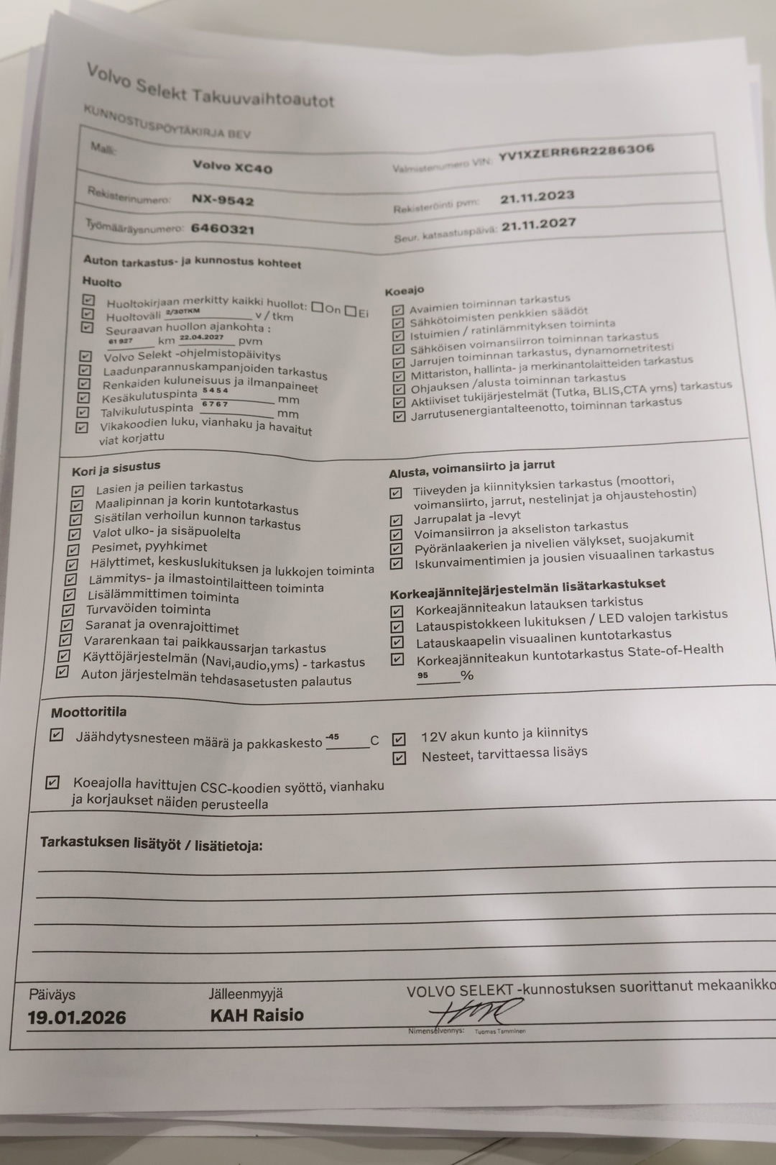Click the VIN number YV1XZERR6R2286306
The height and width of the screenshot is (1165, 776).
(576, 152)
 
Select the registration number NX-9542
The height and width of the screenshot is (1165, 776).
(222, 201)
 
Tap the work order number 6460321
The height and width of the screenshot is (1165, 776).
(222, 229)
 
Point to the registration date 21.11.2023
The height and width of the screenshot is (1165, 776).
(537, 197)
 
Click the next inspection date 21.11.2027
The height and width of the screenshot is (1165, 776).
(538, 224)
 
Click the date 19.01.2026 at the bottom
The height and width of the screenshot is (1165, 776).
(77, 1018)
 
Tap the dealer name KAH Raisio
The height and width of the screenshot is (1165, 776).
(257, 1015)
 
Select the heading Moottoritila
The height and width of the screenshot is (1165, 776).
(88, 712)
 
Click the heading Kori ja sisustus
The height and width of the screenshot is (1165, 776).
(116, 469)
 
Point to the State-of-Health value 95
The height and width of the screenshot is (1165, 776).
(422, 675)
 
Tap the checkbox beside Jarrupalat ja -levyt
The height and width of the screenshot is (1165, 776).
(396, 520)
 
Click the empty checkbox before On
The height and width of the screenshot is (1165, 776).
(318, 308)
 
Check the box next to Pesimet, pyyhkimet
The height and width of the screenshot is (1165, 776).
(73, 549)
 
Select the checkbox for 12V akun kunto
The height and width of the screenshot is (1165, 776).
(399, 739)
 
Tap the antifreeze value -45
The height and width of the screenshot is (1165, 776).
(332, 737)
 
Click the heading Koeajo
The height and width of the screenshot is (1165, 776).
(404, 291)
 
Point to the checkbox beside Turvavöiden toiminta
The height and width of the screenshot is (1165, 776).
(68, 610)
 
